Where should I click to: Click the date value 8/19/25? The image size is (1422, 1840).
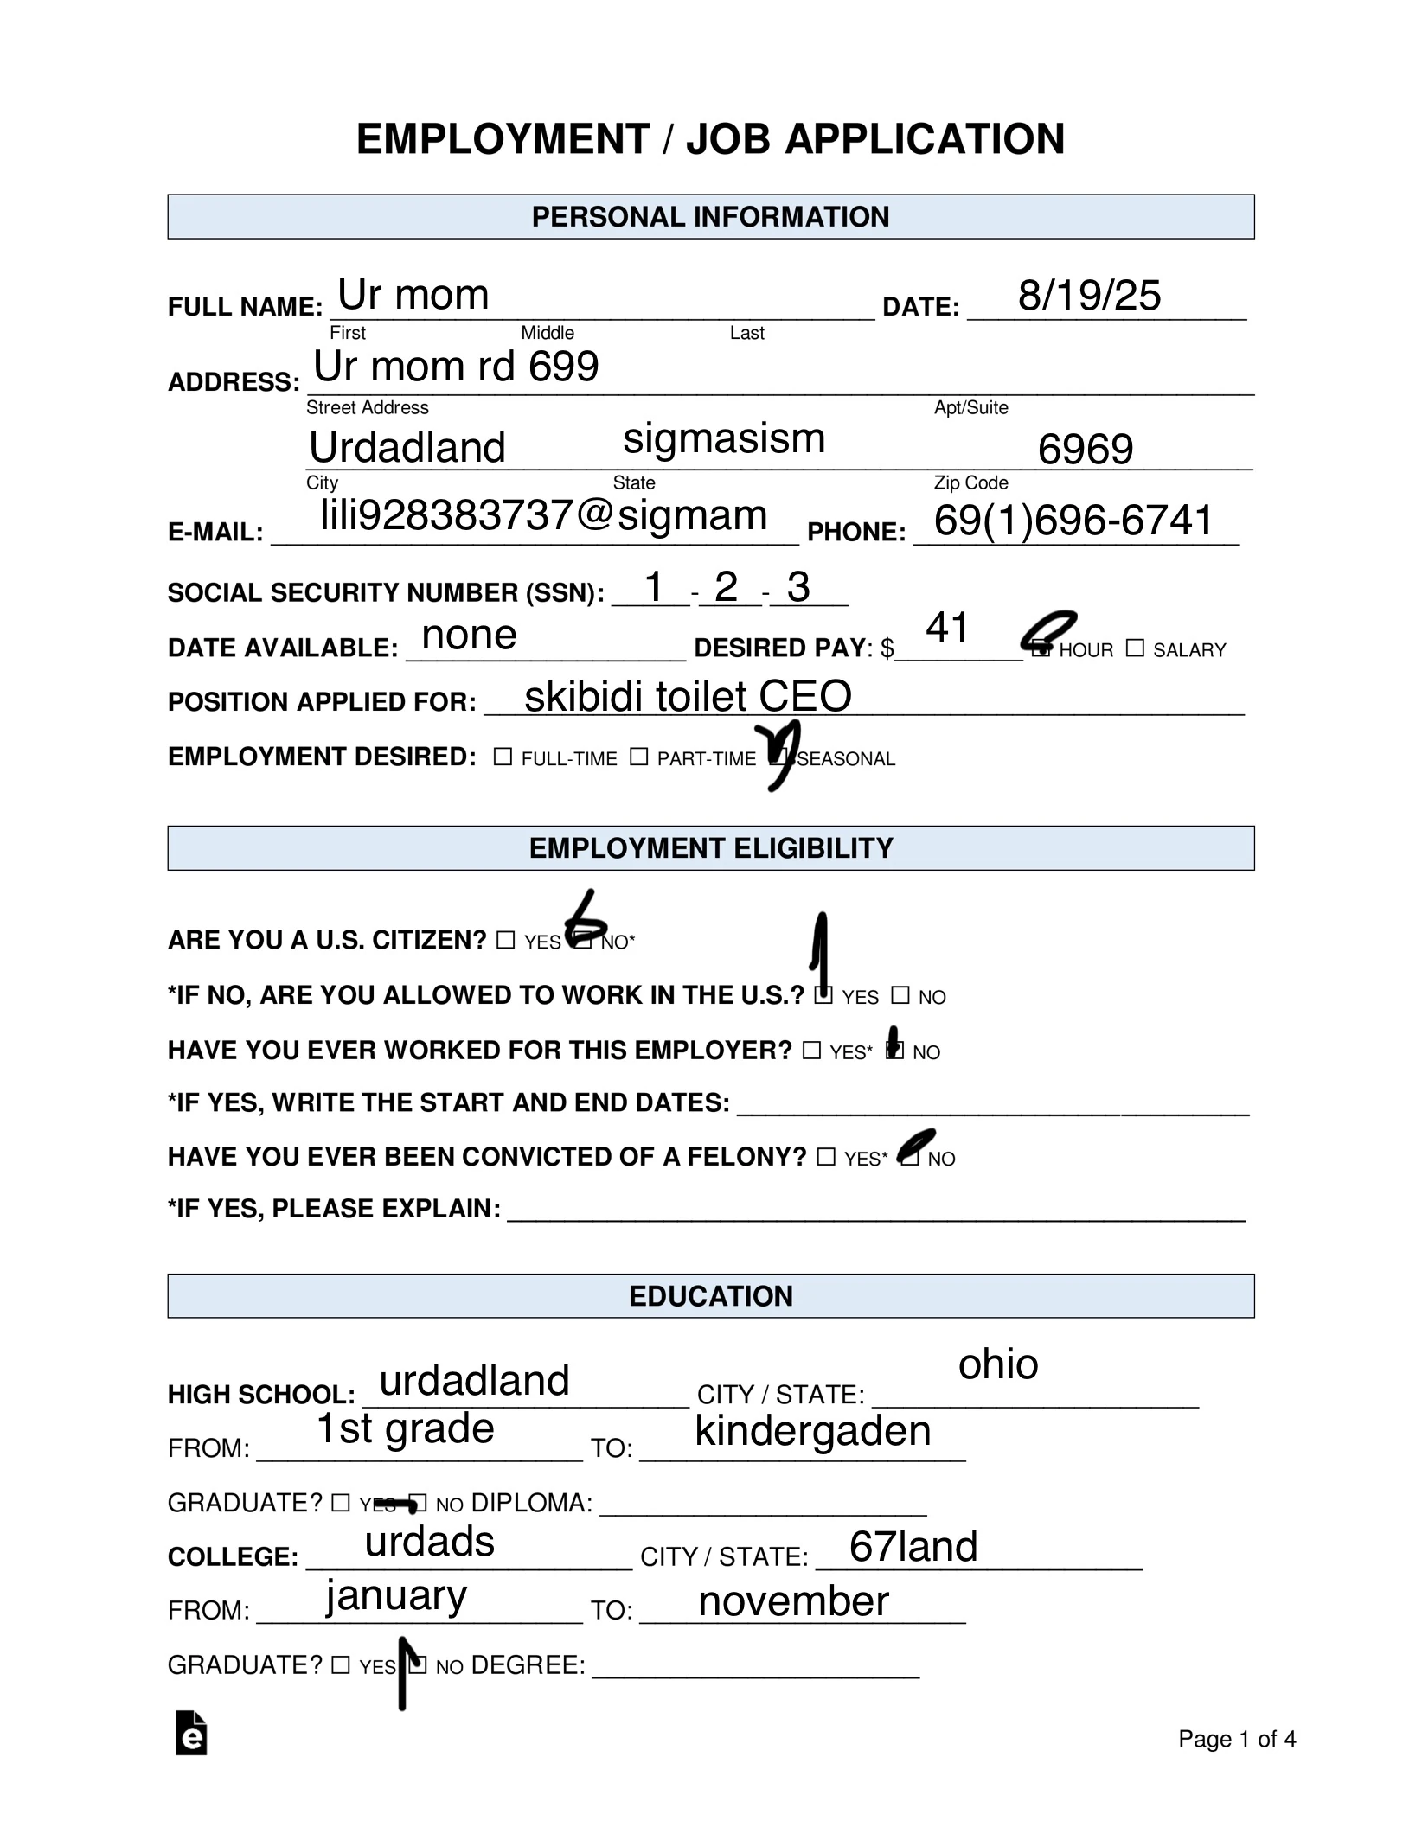[1088, 296]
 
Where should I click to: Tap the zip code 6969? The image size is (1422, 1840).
[1085, 449]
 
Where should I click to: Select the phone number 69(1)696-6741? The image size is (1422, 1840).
[1073, 521]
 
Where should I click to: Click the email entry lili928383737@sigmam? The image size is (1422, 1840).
[543, 516]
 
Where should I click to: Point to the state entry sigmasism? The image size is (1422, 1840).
[723, 438]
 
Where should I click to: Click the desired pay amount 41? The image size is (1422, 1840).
[947, 628]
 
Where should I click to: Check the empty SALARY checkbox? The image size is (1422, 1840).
[1135, 648]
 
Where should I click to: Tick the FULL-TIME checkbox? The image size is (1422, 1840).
[503, 757]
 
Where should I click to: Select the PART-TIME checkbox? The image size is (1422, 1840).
[638, 757]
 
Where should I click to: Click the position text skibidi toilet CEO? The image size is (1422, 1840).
[688, 697]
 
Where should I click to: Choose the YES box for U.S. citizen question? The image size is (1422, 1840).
[505, 940]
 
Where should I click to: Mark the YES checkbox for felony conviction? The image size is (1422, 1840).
[826, 1157]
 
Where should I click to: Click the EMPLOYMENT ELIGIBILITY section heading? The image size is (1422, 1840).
[710, 848]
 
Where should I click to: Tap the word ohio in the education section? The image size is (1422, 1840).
[997, 1364]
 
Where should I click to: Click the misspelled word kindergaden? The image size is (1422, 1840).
[812, 1431]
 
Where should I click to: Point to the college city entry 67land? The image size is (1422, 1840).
[913, 1546]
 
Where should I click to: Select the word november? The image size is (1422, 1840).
[793, 1601]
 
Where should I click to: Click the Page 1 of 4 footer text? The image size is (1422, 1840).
[1236, 1739]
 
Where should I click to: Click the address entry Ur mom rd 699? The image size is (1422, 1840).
[456, 367]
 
